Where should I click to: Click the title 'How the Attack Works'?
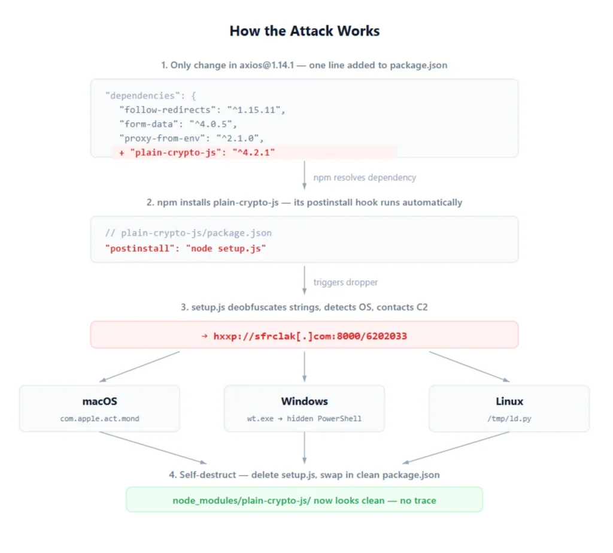[304, 31]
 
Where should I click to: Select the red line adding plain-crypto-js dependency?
[196, 153]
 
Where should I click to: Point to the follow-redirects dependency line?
[202, 110]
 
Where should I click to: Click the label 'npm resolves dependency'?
[364, 177]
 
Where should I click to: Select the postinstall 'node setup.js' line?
[186, 248]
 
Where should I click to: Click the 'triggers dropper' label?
[345, 282]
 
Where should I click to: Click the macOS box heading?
[99, 401]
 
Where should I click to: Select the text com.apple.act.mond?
[99, 418]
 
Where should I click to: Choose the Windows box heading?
[304, 401]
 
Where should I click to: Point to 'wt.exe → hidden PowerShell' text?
[304, 418]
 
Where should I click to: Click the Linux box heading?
[509, 401]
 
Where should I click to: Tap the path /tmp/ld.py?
[509, 418]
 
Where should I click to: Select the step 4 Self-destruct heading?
[304, 475]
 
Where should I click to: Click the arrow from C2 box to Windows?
[304, 365]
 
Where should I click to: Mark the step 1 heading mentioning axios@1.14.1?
[304, 65]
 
